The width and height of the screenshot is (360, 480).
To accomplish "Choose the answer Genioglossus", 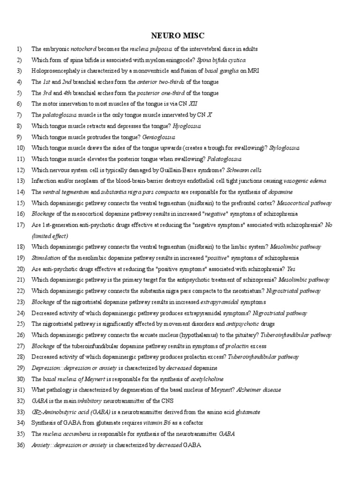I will [161, 137].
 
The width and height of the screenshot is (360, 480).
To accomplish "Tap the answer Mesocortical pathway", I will [304, 203].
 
